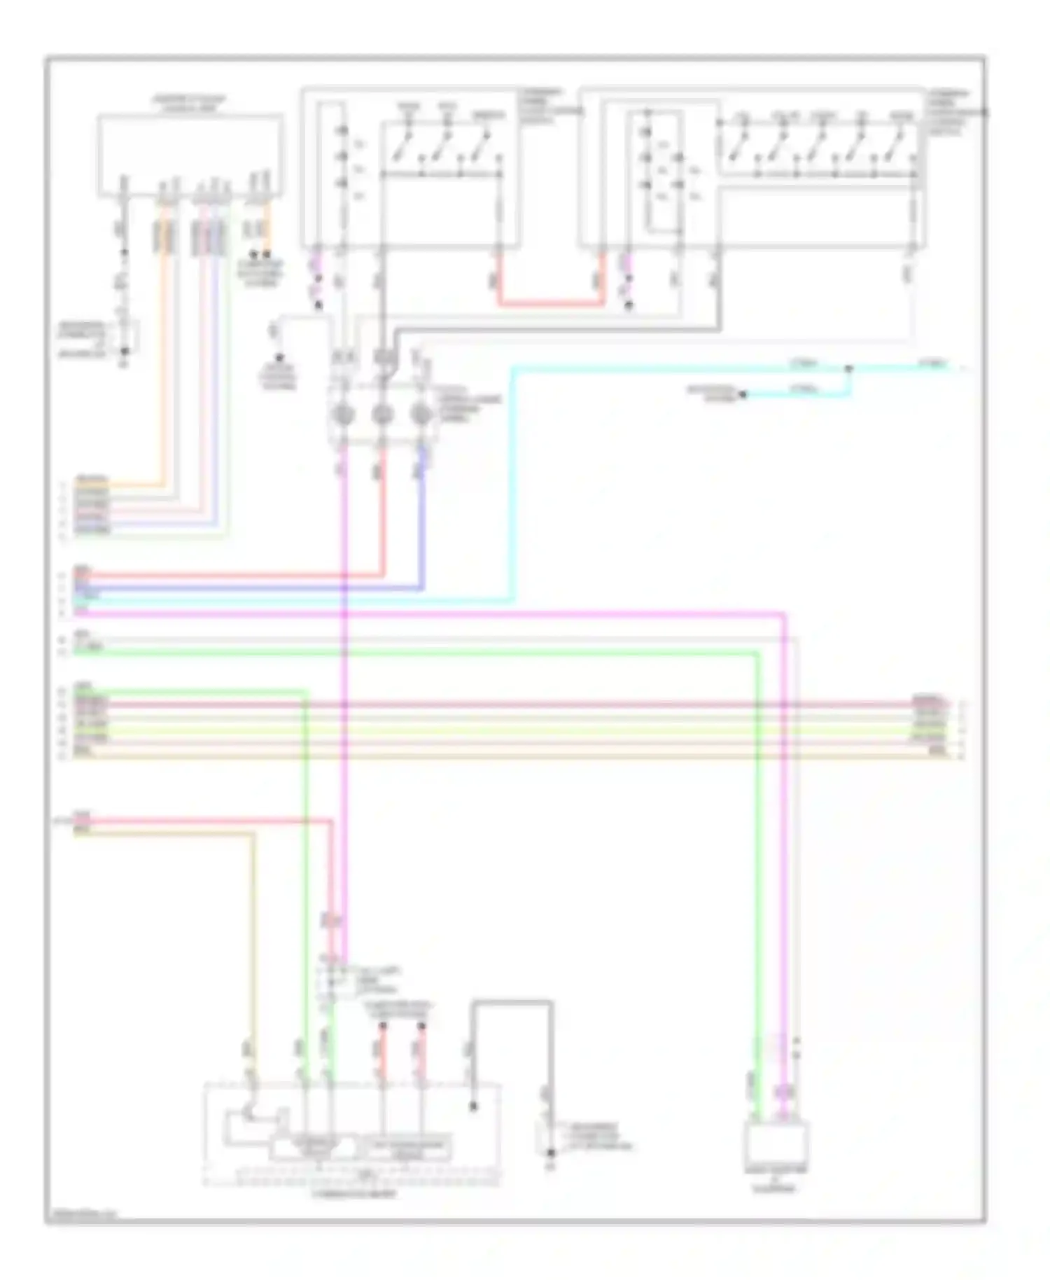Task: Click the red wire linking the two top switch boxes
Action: (551, 305)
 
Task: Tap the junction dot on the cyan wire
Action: (848, 368)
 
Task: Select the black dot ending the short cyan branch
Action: (743, 395)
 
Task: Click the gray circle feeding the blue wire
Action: (421, 415)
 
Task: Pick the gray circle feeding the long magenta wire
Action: (342, 415)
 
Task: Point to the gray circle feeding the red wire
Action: (382, 415)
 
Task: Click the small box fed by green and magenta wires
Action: (776, 1142)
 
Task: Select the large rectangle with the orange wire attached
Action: (190, 154)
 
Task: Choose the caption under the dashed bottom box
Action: (353, 1193)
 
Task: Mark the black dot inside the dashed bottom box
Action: (473, 1106)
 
